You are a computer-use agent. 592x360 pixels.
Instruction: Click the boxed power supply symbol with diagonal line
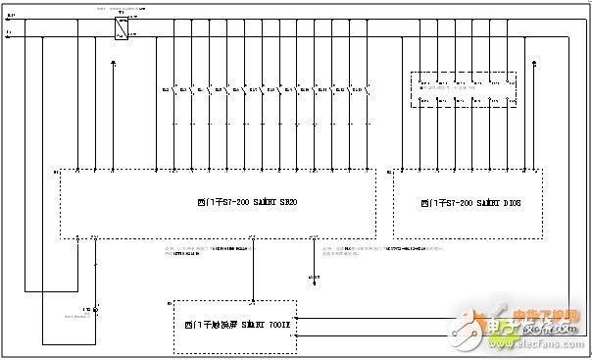121,32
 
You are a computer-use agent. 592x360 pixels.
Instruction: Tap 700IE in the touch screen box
280,322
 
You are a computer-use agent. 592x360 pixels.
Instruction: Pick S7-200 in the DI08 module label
450,204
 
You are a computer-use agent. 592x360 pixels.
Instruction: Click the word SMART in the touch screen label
249,322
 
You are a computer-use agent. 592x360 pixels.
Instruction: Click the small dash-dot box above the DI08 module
458,88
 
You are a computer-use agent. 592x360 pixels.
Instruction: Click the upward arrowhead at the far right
533,64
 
